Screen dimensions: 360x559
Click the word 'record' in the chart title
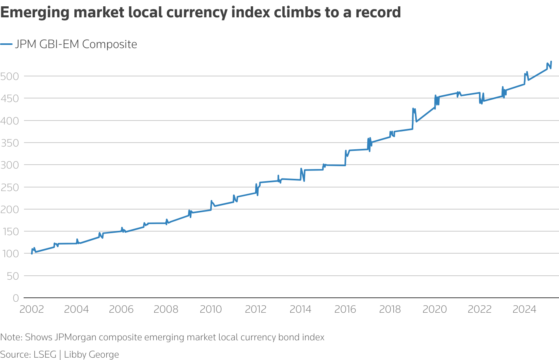pos(378,13)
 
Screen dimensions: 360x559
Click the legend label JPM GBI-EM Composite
pos(76,44)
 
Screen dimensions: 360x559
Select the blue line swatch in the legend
pos(6,44)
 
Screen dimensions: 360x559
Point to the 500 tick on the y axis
pos(9,76)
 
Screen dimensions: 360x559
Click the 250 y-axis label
pos(9,187)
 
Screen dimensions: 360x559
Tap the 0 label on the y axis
pos(16,298)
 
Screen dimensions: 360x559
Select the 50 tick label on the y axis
pos(13,276)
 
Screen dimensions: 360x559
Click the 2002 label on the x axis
pos(31,309)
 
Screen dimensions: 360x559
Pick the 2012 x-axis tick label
pos(256,309)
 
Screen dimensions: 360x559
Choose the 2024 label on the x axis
pos(524,309)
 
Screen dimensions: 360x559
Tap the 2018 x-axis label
pos(390,309)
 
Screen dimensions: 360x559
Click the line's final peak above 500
pos(551,61)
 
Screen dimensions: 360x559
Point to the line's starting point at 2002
pos(32,253)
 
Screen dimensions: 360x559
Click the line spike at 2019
pos(413,108)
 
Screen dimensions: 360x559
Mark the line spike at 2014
pos(301,169)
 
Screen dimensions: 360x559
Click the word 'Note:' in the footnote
pos(11,337)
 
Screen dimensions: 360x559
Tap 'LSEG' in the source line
pos(45,354)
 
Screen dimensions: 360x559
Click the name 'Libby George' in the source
pos(91,354)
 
